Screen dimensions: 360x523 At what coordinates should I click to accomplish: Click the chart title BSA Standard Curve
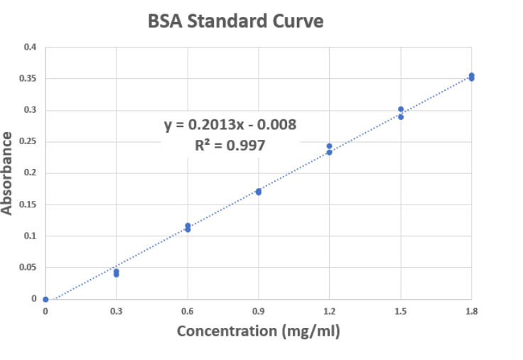coord(235,21)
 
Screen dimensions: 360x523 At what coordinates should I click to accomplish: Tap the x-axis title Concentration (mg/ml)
coord(258,331)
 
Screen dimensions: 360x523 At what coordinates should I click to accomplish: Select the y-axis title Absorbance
coord(8,173)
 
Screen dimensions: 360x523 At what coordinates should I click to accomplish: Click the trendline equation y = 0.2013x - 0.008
coord(230,126)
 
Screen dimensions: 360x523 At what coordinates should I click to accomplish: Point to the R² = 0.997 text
coord(230,146)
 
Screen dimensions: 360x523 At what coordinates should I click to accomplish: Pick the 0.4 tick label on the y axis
coord(30,48)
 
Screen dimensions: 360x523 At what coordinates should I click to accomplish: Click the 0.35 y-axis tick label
coord(28,79)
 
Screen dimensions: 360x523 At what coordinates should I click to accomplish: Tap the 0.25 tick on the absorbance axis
coord(28,142)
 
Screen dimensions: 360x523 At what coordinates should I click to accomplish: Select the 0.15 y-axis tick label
coord(28,204)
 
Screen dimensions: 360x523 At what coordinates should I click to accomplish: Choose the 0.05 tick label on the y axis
coord(28,268)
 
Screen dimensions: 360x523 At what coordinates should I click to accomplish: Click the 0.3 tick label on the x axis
coord(117,311)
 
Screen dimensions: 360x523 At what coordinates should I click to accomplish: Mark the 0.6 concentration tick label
coord(188,311)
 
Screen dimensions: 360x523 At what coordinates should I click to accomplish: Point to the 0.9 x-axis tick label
coord(259,311)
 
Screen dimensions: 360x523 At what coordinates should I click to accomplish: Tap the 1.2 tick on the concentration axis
coord(330,311)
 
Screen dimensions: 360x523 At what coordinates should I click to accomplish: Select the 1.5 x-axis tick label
coord(401,311)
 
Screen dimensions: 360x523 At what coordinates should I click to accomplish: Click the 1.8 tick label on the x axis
coord(471,311)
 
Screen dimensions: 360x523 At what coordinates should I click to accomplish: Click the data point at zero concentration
coord(45,299)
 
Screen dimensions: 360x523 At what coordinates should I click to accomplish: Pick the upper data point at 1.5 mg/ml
coord(401,109)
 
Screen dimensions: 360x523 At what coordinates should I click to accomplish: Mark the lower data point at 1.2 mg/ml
coord(329,152)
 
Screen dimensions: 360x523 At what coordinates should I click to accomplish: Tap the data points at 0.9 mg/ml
coord(259,192)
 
